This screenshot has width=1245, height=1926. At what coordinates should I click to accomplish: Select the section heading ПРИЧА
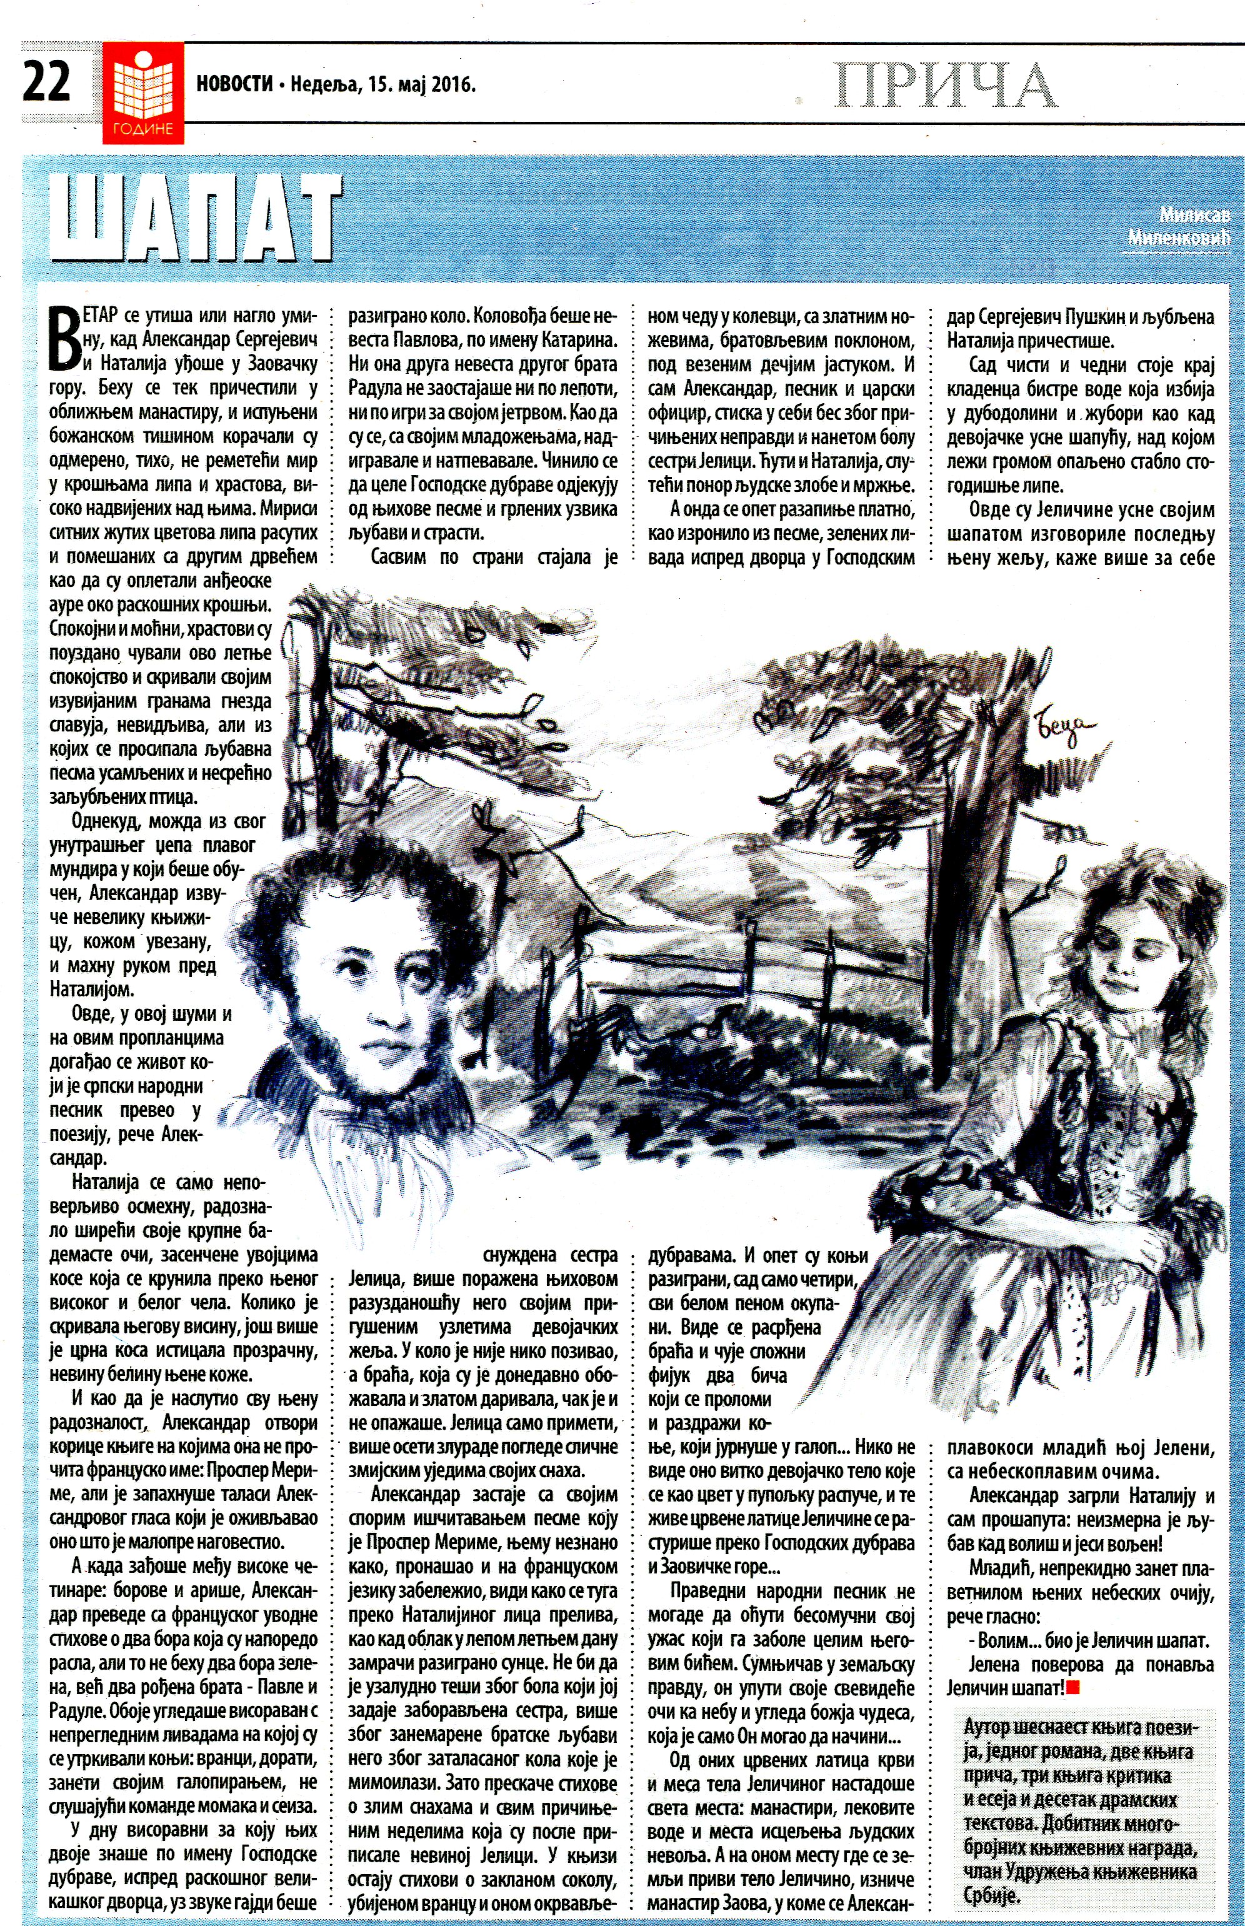point(945,85)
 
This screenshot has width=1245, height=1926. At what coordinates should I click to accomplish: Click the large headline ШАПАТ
point(194,218)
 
